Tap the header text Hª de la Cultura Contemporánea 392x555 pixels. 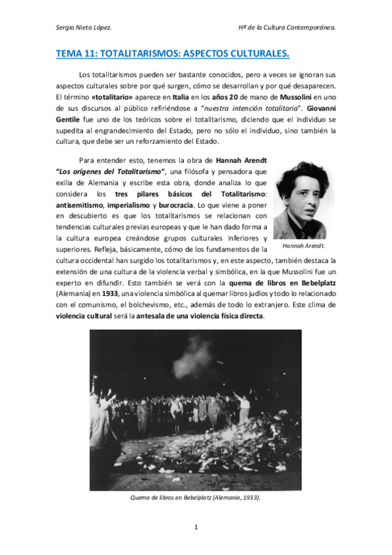[287, 27]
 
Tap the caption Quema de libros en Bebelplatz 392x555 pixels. [196, 497]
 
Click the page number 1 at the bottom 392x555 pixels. [196, 527]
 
